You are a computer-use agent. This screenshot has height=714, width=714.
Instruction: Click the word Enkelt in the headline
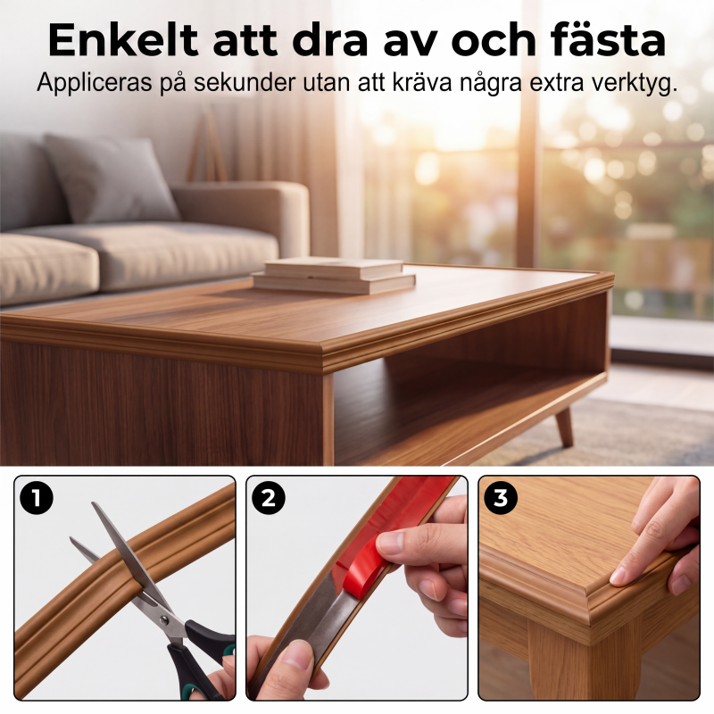coord(123,39)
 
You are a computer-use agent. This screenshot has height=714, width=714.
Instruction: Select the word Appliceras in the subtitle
coord(94,83)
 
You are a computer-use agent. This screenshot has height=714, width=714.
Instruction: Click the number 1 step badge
coord(37,498)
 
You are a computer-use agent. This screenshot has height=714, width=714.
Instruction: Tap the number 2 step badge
coord(269,498)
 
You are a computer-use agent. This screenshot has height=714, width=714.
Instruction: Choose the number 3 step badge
coord(501,498)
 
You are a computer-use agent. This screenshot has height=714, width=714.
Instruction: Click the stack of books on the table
coord(334,275)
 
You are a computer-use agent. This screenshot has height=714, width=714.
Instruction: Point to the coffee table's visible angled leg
coord(564,426)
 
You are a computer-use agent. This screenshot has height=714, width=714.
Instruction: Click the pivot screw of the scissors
coord(164,619)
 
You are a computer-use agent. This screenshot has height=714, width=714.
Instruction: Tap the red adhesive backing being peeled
coord(387,537)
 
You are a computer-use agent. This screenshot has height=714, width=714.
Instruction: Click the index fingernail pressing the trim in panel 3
coord(620,579)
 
